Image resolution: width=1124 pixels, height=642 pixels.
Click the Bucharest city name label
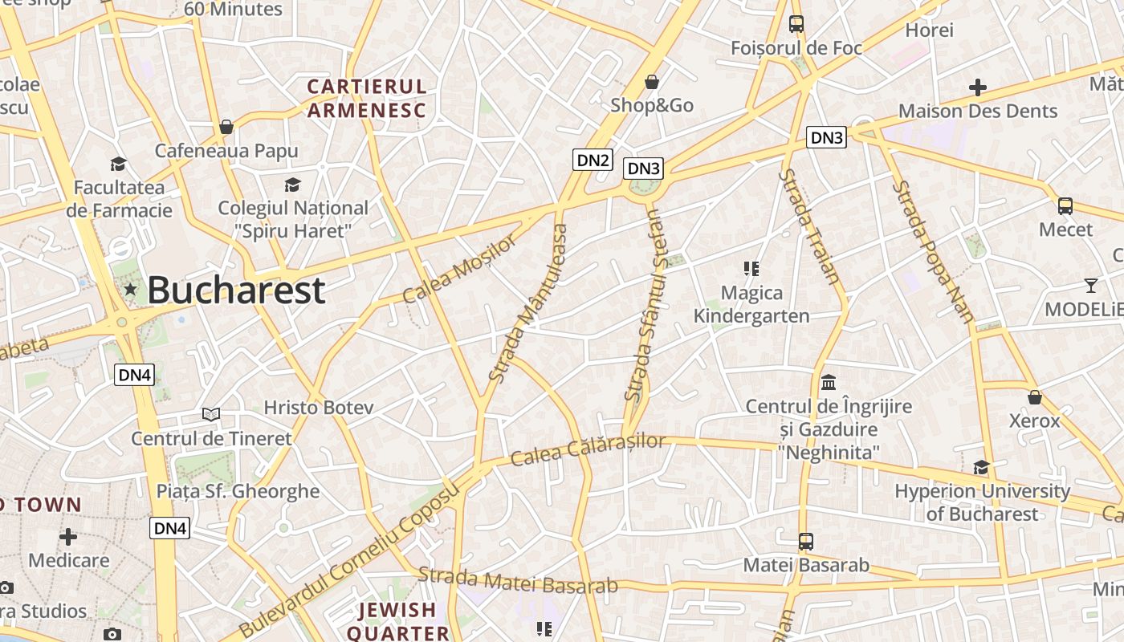pos(236,290)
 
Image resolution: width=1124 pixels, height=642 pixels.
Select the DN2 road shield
pos(593,160)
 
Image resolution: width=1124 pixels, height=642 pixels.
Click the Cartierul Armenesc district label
pos(367,98)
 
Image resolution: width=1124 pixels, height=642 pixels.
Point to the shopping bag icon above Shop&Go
pos(652,82)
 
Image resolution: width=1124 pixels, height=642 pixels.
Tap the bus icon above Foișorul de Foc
pos(796,24)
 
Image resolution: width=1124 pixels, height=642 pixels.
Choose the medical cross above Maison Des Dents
pos(977,87)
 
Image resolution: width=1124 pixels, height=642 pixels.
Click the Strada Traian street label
pos(812,227)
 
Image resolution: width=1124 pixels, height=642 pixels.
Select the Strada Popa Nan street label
pos(933,251)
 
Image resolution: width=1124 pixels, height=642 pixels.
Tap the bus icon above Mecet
pos(1065,206)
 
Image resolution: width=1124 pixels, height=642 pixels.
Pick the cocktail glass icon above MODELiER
pos(1090,285)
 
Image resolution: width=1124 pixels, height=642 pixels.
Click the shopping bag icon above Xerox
pos(1034,397)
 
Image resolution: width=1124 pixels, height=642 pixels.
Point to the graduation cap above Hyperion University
pos(981,467)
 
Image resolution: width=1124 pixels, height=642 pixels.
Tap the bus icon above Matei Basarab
pos(805,542)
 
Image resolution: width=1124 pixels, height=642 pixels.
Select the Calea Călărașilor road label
pos(588,450)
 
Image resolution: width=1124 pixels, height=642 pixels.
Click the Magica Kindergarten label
pos(751,304)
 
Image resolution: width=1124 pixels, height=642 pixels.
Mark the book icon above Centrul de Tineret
pos(211,414)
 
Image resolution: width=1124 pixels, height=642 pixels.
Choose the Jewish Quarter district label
pos(397,621)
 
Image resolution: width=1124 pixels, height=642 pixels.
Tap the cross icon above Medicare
pos(68,535)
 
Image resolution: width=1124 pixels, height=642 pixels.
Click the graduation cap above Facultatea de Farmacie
pos(118,165)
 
